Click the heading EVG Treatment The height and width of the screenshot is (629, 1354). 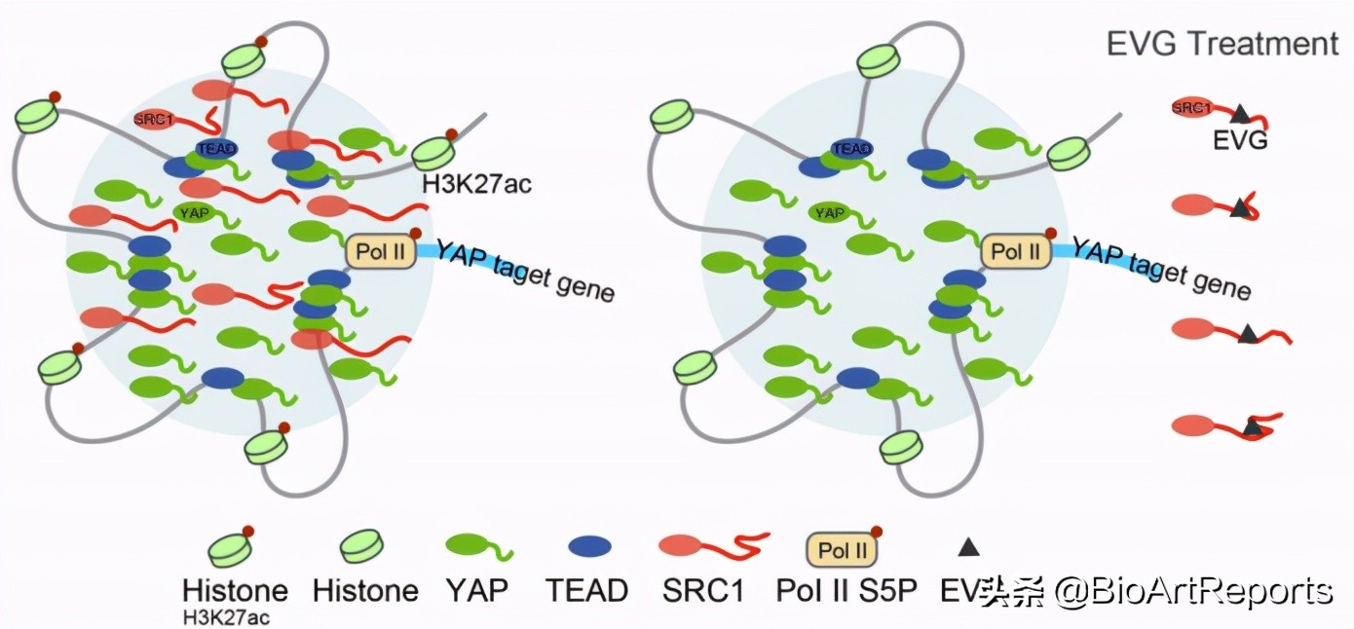[x=1222, y=44]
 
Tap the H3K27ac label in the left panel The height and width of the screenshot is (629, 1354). [x=476, y=183]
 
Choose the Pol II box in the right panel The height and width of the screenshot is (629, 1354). [x=1015, y=252]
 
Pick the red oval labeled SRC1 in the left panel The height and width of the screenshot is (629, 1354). [x=156, y=119]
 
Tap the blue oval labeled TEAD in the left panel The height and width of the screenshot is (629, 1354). [x=216, y=148]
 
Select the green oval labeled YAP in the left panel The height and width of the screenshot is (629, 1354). [x=195, y=211]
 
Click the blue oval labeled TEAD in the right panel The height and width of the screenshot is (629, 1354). [x=850, y=148]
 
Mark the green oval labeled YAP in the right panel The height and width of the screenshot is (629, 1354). [x=830, y=212]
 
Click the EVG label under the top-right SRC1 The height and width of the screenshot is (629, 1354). [x=1239, y=140]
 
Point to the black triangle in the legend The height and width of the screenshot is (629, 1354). [x=967, y=547]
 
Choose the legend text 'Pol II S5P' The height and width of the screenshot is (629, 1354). [x=846, y=590]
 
